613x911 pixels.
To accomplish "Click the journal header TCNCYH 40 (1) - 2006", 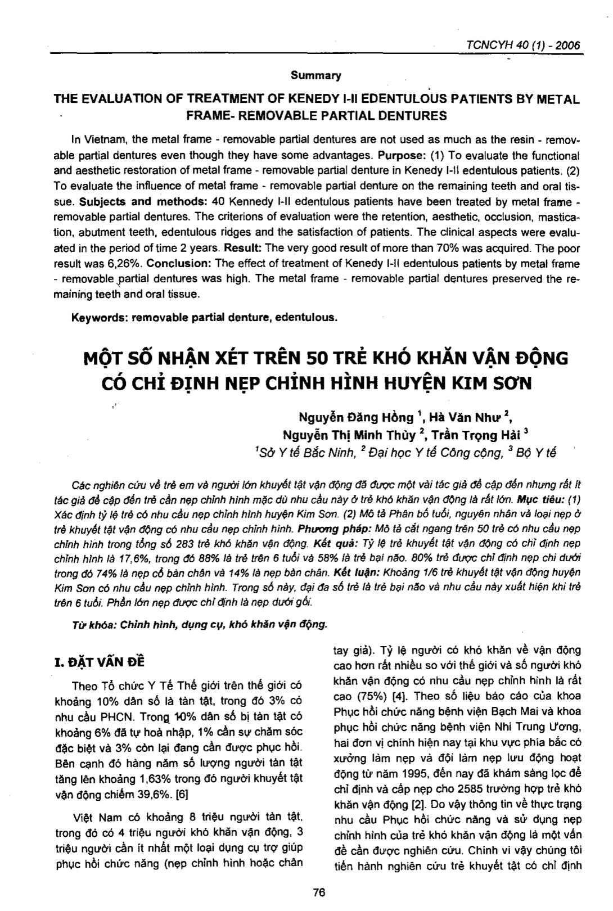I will point(520,46).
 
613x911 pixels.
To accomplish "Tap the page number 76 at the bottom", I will point(318,892).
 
